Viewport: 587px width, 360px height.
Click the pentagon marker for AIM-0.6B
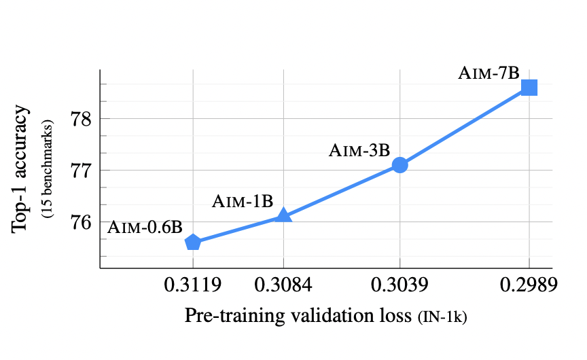pyautogui.click(x=193, y=242)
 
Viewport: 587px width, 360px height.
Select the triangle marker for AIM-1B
pyautogui.click(x=284, y=215)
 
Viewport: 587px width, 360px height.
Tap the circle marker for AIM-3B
pyautogui.click(x=399, y=164)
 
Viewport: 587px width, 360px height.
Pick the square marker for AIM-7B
pyautogui.click(x=529, y=88)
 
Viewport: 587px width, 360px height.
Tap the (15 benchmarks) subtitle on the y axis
pyautogui.click(x=47, y=170)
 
